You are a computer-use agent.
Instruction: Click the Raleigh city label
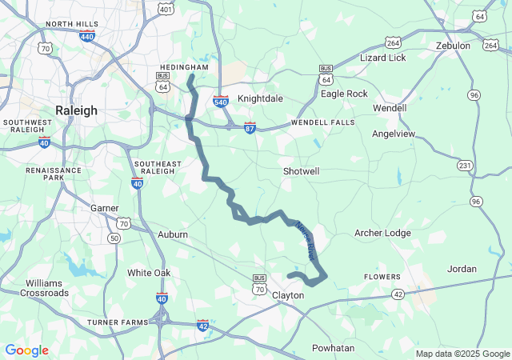point(77,110)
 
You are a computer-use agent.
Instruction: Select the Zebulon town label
point(453,46)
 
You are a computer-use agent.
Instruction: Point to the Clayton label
point(288,295)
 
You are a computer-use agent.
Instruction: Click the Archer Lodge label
point(382,233)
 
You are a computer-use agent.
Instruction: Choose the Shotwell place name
point(301,171)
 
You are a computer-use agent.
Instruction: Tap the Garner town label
point(104,208)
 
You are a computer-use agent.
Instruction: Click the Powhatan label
point(333,348)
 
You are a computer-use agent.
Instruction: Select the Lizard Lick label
point(382,58)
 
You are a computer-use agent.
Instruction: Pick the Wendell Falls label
point(322,122)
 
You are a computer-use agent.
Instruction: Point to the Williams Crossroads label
point(46,288)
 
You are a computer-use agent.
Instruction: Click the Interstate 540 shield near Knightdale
point(222,101)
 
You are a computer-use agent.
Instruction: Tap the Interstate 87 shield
point(250,127)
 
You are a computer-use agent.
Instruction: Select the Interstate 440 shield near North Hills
point(87,36)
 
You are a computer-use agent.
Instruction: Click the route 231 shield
point(464,165)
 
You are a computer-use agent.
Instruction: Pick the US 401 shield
point(166,9)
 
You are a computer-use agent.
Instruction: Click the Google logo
point(26,350)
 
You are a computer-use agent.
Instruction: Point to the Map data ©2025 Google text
point(462,354)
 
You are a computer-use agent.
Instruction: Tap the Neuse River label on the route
point(306,240)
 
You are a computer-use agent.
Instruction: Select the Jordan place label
point(462,269)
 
